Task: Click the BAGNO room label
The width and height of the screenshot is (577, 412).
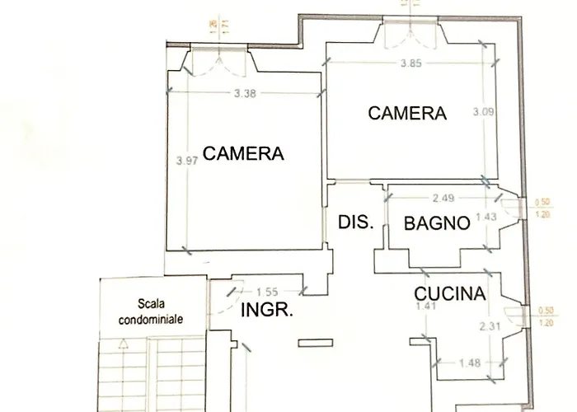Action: pos(438,222)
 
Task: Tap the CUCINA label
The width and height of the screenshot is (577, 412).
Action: pos(449,293)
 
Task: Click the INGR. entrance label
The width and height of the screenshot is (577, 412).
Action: pos(264,311)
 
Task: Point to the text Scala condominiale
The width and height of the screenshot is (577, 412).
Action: pos(149,310)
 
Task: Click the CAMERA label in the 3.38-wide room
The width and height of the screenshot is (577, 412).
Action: pos(243,153)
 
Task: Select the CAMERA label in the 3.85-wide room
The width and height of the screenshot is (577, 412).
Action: pos(407,114)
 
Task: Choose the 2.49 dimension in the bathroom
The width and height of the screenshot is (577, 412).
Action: pos(444,198)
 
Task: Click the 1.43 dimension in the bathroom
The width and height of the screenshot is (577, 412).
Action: pos(491,217)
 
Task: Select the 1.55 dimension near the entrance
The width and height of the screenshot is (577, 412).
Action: pos(266,291)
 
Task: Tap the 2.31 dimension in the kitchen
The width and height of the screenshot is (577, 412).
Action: pos(491,326)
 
